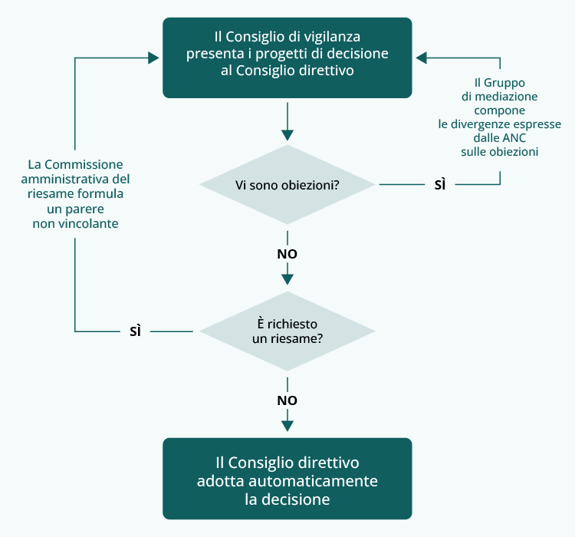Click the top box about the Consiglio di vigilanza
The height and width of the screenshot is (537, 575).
[x=287, y=58]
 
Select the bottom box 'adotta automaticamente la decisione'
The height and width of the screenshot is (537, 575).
[x=287, y=479]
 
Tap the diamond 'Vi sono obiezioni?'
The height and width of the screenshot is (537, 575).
[x=287, y=185]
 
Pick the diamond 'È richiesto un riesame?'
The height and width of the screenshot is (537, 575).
[x=287, y=331]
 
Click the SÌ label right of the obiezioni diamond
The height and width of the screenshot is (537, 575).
[x=440, y=185]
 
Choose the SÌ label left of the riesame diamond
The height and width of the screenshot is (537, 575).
[x=135, y=331]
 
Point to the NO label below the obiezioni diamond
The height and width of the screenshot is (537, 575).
[x=287, y=253]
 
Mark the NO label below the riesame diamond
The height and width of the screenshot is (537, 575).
[x=287, y=400]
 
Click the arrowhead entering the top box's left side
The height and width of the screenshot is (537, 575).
[x=153, y=58]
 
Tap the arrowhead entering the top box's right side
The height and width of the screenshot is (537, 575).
[x=422, y=58]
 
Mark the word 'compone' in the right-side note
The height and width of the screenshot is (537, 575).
[x=500, y=110]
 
